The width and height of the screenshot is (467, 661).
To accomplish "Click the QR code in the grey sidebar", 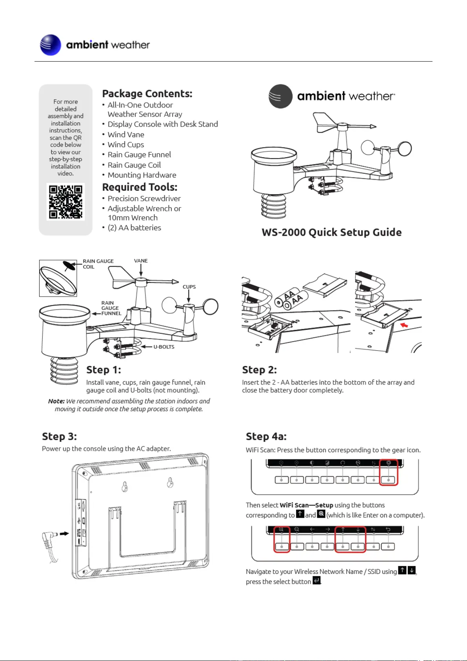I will pos(65,202).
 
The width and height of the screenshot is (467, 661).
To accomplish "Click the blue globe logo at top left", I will pos(51,45).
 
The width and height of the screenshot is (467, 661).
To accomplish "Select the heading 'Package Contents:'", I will pos(147,94).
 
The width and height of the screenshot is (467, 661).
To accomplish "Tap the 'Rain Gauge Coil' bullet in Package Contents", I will pos(134,165).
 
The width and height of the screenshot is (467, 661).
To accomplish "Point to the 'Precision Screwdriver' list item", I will pos(144,198).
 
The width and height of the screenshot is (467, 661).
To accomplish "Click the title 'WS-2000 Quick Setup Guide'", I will pos(331,233).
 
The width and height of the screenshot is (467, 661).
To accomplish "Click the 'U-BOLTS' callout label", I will pos(164,347).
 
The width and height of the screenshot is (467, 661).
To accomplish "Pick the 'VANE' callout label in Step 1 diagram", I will pos(141,261).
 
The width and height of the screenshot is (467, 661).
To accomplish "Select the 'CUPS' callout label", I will pos(189,287).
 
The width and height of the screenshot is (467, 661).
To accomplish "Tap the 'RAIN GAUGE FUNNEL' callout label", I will pos(111,308).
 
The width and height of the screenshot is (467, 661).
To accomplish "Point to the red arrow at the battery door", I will pos(404,325).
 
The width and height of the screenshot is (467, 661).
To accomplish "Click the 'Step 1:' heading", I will pos(104,370).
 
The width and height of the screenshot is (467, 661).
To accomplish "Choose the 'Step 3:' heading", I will pos(59,437).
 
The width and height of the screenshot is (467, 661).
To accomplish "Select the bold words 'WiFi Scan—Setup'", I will pos(306,505).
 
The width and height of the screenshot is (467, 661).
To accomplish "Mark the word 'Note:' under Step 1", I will pos(56,401).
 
